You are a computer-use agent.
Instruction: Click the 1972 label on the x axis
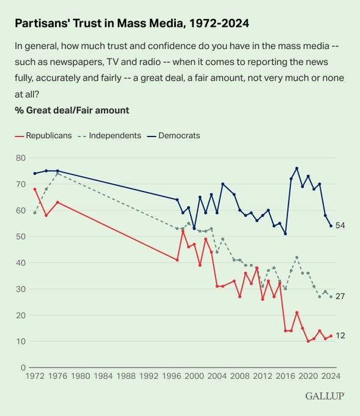(34, 376)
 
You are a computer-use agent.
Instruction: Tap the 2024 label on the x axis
(330, 376)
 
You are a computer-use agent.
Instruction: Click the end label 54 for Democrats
(340, 226)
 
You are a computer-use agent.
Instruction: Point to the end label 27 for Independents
(340, 297)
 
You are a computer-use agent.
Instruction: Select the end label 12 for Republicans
(340, 336)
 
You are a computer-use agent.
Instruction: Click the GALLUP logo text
(325, 396)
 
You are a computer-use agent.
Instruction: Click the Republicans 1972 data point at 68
(34, 189)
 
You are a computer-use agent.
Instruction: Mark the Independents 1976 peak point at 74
(57, 174)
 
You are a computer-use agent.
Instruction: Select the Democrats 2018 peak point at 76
(296, 168)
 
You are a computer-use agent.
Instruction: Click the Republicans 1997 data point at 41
(177, 260)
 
